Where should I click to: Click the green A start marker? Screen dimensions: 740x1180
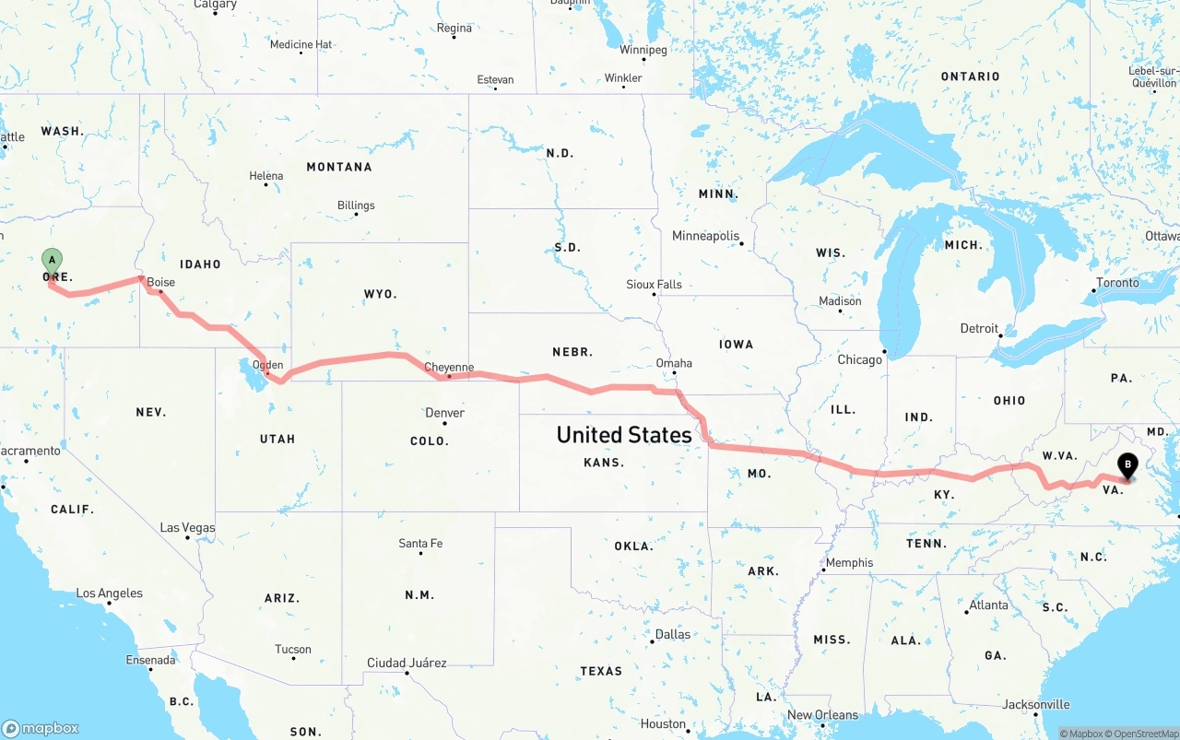53,261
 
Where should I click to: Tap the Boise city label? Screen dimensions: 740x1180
160,283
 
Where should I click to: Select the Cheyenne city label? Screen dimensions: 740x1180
449,368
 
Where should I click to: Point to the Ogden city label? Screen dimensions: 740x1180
268,365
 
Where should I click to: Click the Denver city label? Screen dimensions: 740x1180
445,413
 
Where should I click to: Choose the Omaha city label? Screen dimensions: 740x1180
674,363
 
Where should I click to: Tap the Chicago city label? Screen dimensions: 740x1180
859,359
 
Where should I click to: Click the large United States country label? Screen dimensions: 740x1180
624,434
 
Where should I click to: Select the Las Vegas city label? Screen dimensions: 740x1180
187,528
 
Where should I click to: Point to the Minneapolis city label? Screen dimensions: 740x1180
706,236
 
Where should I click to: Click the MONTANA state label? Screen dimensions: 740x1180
339,167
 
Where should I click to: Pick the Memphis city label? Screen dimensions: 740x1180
849,563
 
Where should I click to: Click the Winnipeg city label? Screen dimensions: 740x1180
643,50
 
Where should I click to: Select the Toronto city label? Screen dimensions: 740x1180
1117,283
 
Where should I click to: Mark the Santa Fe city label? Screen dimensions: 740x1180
420,544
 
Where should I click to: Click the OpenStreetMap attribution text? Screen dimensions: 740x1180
1139,734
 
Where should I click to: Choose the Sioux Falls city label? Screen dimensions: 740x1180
654,285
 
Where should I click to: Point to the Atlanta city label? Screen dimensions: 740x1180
988,605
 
